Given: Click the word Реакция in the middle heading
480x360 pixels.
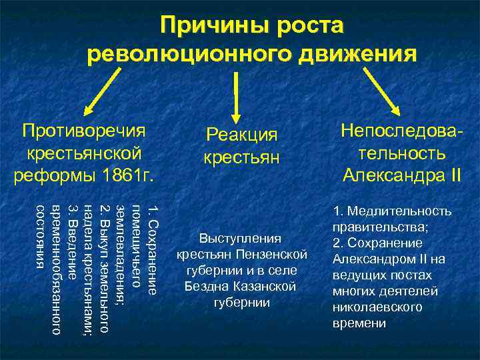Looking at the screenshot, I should pyautogui.click(x=241, y=135).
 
